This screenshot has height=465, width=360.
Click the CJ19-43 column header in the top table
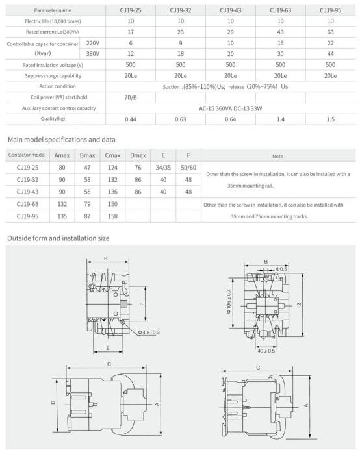pos(230,10)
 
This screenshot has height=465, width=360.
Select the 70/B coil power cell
pos(131,97)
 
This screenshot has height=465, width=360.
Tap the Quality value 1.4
pos(281,119)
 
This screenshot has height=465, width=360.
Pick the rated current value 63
pos(330,32)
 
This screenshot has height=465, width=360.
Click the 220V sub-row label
pos(92,43)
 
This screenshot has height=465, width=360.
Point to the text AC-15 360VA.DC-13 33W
pos(230,108)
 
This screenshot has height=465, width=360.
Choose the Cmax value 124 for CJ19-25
pos(113,168)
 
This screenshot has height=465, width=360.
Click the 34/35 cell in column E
pos(163,168)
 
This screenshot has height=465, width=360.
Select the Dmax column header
pos(138,155)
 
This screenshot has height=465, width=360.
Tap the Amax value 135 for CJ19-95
pos(62,216)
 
